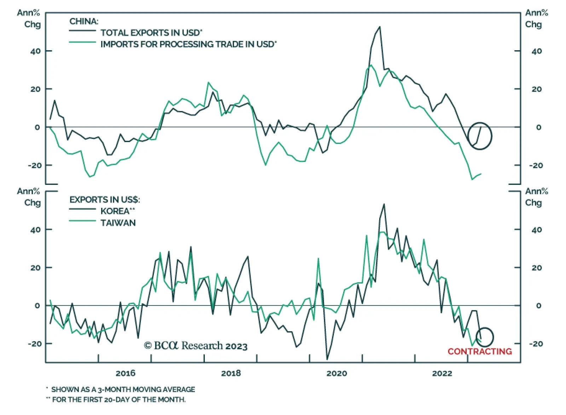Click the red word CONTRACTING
tap(480, 351)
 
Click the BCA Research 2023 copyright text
tap(196, 346)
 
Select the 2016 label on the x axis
tap(126, 373)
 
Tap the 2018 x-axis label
tap(231, 373)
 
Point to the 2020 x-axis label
tap(336, 373)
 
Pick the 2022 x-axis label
tap(442, 373)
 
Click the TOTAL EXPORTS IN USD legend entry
tap(151, 33)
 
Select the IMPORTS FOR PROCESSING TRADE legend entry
tap(188, 44)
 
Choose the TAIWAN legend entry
tap(118, 223)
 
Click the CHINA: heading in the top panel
tap(84, 21)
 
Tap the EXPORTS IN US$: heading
tap(105, 200)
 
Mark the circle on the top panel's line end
tap(480, 136)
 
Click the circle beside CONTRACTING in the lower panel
tap(485, 337)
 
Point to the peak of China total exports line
tap(380, 27)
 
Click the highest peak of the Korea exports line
tap(384, 204)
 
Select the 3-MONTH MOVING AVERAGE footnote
tap(123, 390)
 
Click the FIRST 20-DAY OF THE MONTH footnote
tap(119, 400)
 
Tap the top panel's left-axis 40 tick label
tap(35, 51)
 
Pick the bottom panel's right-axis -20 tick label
tap(536, 344)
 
